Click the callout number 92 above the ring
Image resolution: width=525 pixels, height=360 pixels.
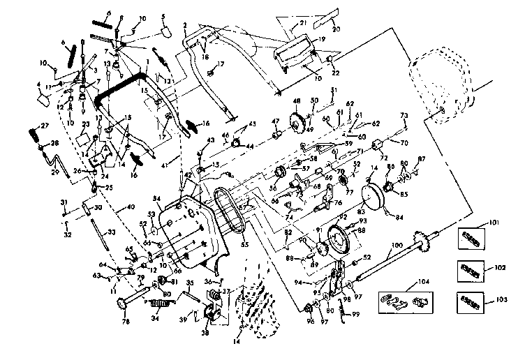click(x=342, y=218)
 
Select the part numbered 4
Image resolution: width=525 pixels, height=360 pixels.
click(x=45, y=98)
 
